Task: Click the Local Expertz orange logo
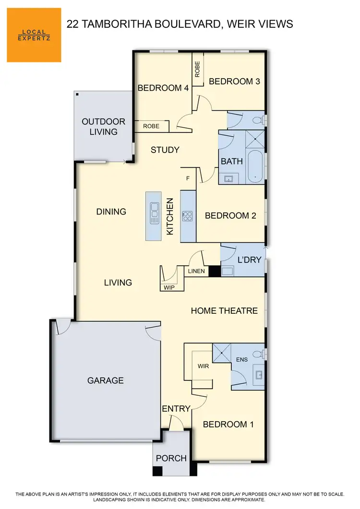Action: point(34,35)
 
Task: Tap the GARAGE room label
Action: point(105,380)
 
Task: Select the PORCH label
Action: point(171,458)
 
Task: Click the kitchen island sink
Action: point(154,213)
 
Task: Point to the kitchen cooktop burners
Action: point(187,216)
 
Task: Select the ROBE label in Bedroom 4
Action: point(151,126)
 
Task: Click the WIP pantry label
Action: point(168,287)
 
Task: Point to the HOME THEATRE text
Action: point(224,311)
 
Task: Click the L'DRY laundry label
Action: point(249,260)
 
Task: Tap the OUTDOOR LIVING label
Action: point(103,127)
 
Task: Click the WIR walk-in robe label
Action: point(203,366)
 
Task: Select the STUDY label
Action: point(165,150)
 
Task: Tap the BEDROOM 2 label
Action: point(230,216)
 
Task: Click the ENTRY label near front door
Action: point(176,409)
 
